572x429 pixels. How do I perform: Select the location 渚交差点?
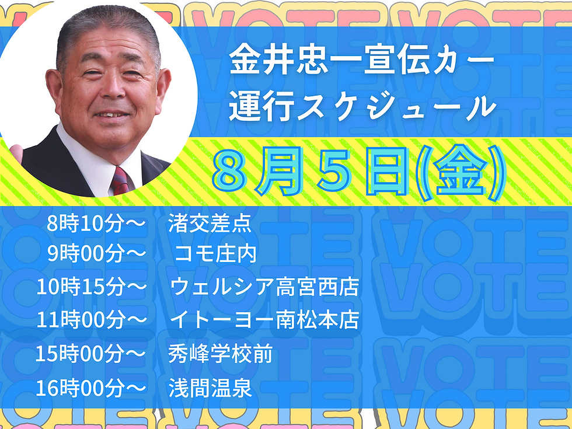pos(210,223)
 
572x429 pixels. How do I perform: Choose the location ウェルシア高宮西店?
pos(264,287)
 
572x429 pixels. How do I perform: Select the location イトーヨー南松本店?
pos(264,320)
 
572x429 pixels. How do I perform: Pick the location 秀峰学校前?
pos(221,354)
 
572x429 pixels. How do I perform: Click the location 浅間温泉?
pos(210,388)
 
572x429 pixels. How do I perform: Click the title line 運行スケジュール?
pos(362,108)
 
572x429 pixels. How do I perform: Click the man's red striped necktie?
pos(121,180)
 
